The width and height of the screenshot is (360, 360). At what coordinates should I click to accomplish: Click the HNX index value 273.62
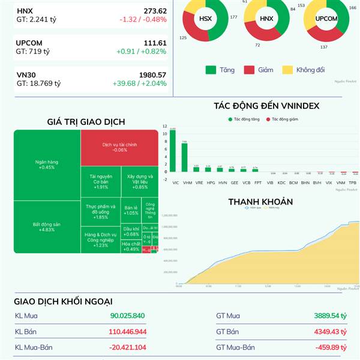[x=155, y=11]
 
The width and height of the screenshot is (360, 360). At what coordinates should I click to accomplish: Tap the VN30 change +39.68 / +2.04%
[x=139, y=83]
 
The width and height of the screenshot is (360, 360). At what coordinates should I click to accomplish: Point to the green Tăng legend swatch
[x=211, y=70]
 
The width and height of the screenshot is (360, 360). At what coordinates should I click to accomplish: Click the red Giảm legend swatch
[x=249, y=70]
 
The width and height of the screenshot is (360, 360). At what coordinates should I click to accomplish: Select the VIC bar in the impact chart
[x=173, y=150]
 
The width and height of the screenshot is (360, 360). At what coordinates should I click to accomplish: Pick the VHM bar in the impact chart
[x=184, y=157]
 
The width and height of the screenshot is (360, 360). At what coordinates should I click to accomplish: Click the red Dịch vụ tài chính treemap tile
[x=119, y=147]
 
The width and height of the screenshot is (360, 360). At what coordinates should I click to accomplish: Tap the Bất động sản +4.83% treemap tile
[x=47, y=227]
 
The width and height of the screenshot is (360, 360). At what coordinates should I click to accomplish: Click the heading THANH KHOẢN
[x=260, y=202]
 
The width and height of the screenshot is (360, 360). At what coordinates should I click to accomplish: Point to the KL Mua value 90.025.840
[x=127, y=316]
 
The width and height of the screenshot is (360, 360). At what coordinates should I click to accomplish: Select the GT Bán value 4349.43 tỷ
[x=331, y=331]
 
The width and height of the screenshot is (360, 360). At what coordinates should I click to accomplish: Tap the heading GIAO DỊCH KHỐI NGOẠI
[x=64, y=301]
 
